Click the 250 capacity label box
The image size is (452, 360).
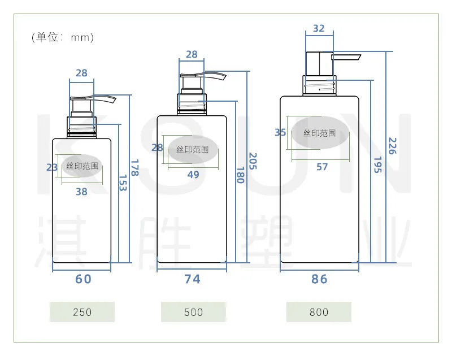click(x=82, y=312)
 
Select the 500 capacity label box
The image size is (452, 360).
click(x=193, y=312)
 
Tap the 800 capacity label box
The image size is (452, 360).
click(x=319, y=312)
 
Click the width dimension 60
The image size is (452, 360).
click(x=83, y=279)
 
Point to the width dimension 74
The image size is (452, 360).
click(x=192, y=279)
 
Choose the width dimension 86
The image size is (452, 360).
click(x=319, y=279)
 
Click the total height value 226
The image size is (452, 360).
click(x=392, y=146)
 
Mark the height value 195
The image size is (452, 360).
click(x=377, y=165)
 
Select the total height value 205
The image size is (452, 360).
click(x=253, y=161)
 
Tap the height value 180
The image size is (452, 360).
click(x=241, y=175)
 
